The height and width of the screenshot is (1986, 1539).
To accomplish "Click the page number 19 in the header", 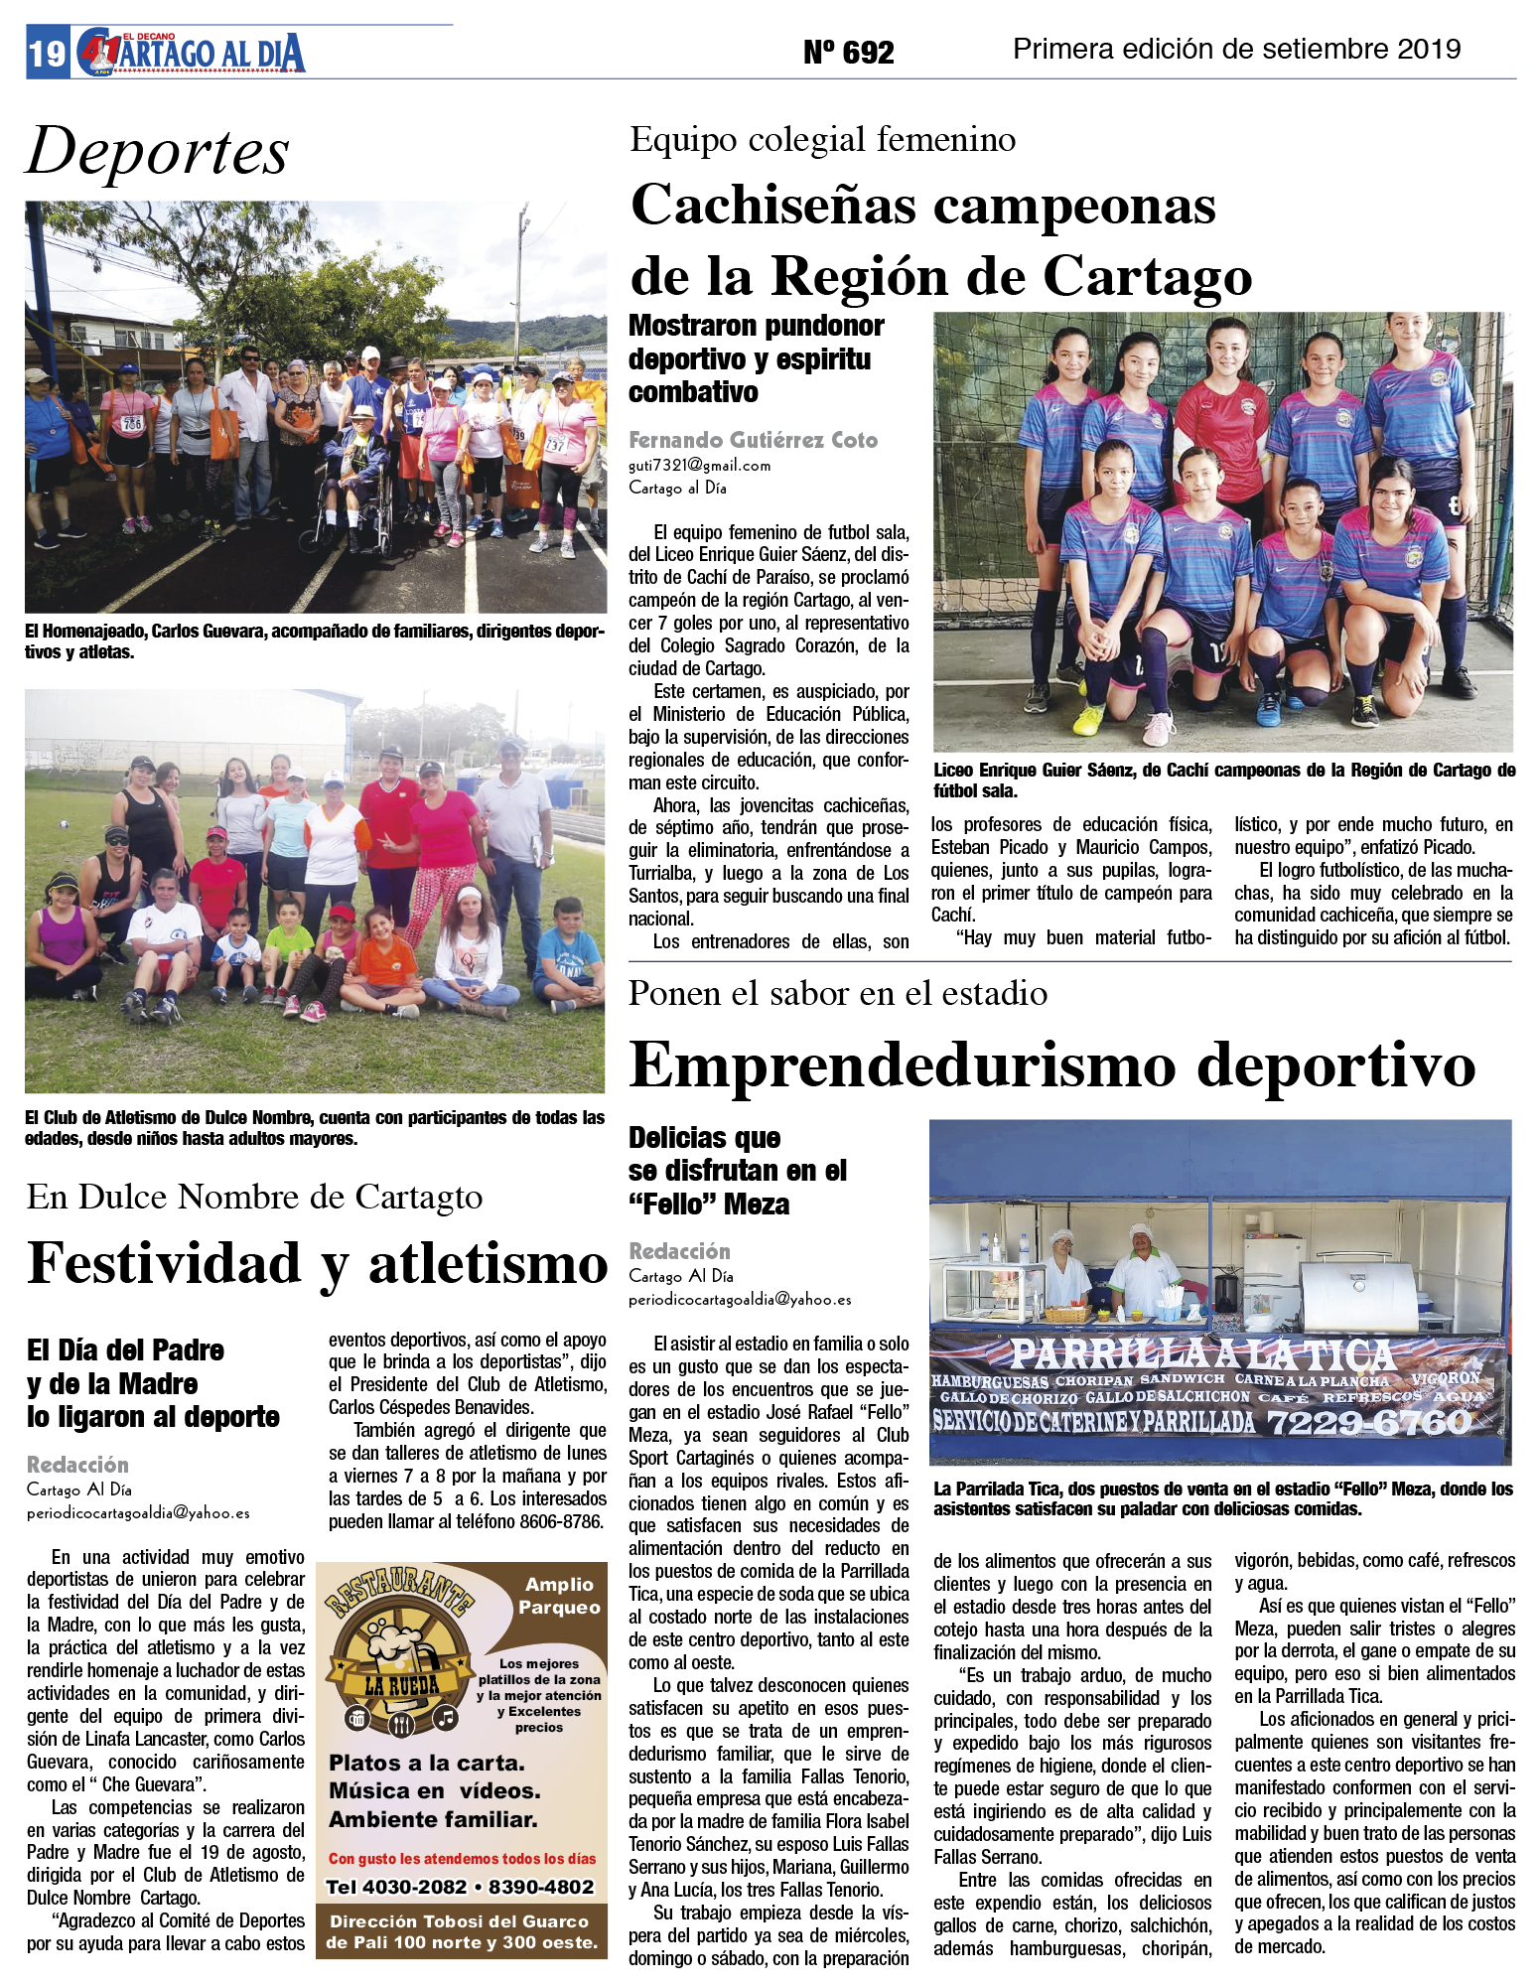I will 47,53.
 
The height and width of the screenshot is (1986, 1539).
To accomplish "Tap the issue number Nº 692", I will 848,52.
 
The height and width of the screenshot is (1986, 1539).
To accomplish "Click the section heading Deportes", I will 158,152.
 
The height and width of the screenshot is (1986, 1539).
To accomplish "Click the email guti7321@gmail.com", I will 699,465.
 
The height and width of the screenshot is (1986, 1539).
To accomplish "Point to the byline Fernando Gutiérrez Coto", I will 753,440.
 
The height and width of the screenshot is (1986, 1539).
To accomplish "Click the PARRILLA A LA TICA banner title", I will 1201,1353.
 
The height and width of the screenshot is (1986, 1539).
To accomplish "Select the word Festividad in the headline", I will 164,1264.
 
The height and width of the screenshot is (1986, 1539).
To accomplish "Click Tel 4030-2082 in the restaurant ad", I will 396,1887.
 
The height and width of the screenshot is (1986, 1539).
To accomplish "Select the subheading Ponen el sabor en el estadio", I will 837,994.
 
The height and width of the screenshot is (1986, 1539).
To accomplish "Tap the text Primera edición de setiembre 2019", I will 1236,49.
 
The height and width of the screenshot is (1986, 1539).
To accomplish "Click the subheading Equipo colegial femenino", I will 822,140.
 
